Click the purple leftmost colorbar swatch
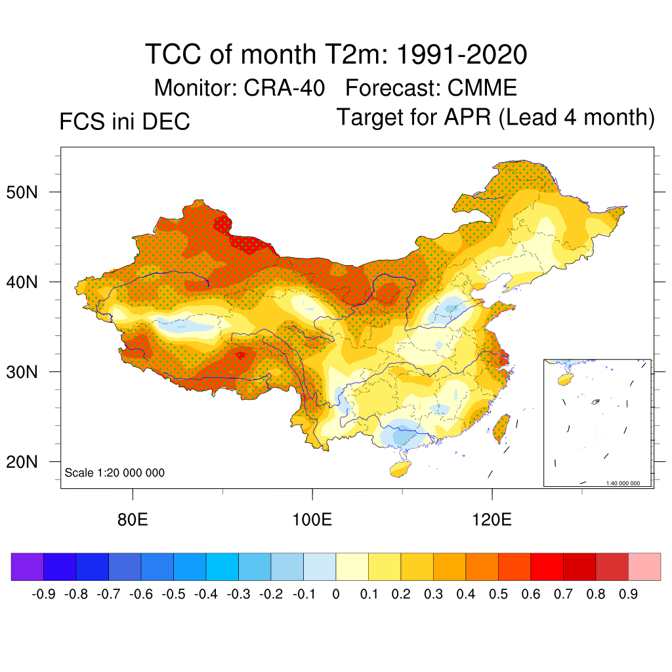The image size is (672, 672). [27, 567]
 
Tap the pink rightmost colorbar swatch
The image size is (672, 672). [644, 567]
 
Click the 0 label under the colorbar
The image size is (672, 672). [336, 595]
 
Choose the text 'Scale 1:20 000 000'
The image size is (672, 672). [115, 473]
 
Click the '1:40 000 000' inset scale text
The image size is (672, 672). [627, 483]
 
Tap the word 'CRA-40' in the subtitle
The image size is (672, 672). [284, 87]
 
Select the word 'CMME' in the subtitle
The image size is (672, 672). [482, 87]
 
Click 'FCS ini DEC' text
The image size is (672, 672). [125, 121]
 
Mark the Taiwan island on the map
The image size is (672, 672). [501, 427]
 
